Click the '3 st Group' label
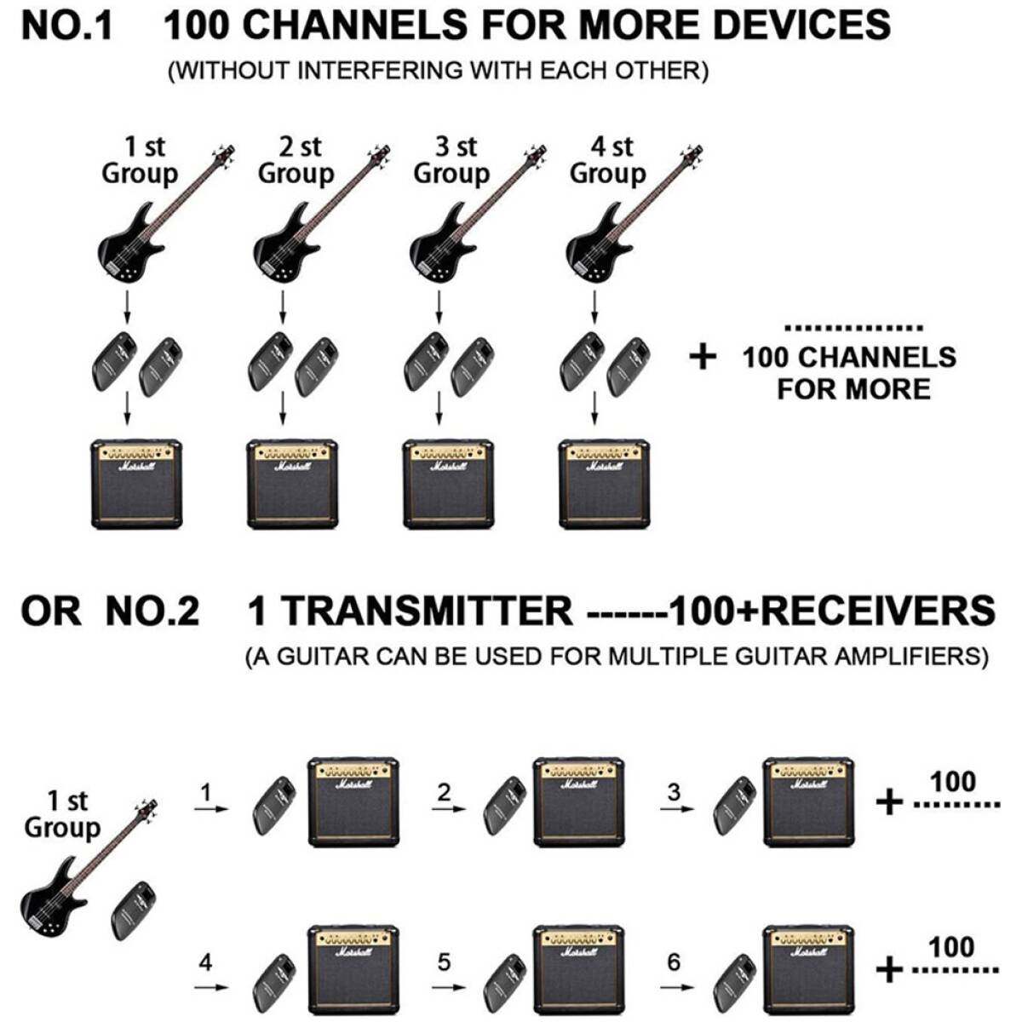click(452, 160)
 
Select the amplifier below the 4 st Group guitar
click(605, 484)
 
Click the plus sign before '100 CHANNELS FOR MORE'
click(703, 357)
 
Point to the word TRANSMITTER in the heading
click(427, 611)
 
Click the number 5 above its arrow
click(444, 962)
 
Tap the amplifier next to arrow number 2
click(579, 801)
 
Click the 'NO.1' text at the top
click(66, 26)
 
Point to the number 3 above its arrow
click(675, 793)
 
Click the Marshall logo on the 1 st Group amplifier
click(136, 467)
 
